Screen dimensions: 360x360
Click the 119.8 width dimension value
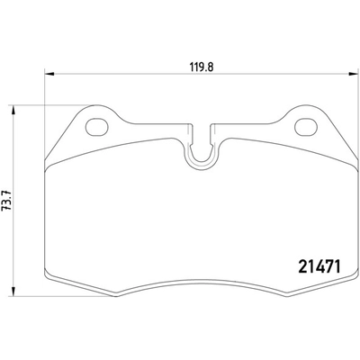pyautogui.click(x=201, y=67)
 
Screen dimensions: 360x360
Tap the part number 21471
pyautogui.click(x=319, y=266)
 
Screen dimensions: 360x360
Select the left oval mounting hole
pyautogui.click(x=96, y=127)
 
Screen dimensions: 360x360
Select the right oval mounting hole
pyautogui.click(x=306, y=127)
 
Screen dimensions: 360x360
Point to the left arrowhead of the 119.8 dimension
pyautogui.click(x=49, y=74)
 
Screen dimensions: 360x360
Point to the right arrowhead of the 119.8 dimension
pyautogui.click(x=354, y=74)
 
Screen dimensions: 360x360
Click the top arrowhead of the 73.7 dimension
pyautogui.click(x=13, y=110)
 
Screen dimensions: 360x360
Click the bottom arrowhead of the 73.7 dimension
pyautogui.click(x=13, y=292)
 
